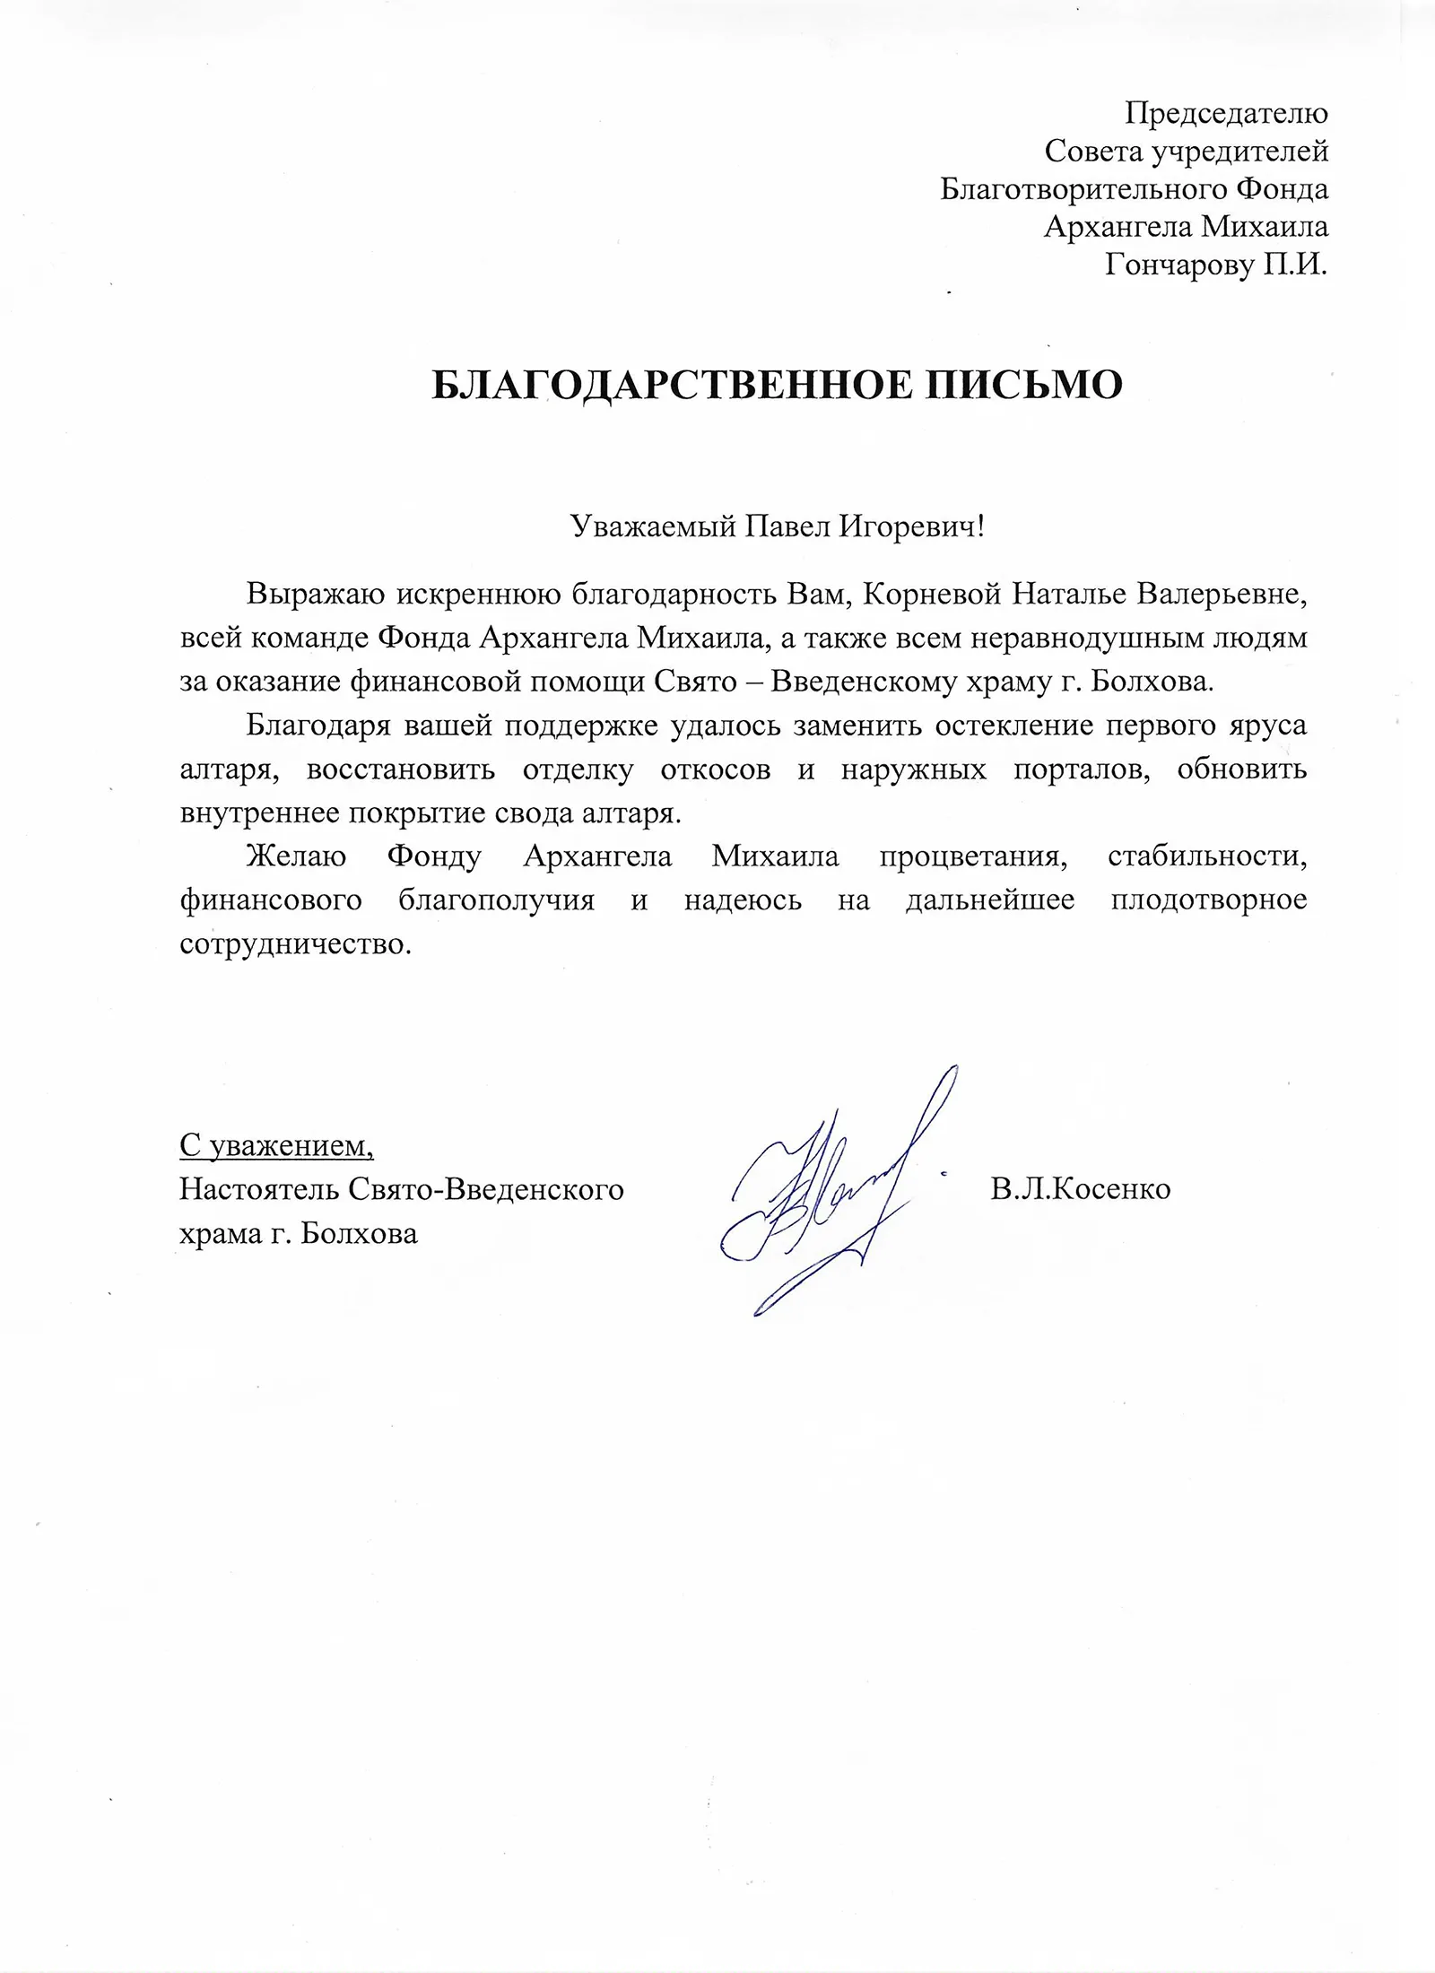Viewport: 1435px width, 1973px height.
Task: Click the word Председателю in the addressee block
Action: point(1226,114)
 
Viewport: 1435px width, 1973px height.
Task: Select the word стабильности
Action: point(1207,857)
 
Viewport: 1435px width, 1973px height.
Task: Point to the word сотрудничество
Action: point(295,945)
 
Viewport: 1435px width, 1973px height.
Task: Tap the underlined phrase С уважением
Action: point(276,1145)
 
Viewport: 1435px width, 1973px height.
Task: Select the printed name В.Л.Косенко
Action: point(1081,1189)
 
